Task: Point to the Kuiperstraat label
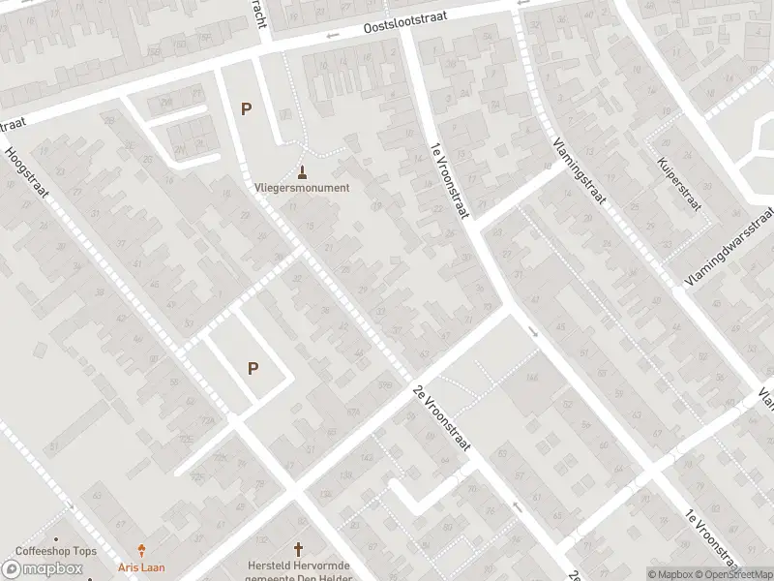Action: click(677, 184)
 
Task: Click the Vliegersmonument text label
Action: click(302, 188)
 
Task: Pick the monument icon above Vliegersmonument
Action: click(303, 172)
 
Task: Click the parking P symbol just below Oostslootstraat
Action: click(246, 109)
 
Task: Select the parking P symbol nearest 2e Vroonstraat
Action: click(253, 368)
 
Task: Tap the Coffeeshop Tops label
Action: click(56, 552)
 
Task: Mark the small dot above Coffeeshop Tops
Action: click(56, 538)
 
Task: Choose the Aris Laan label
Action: click(142, 566)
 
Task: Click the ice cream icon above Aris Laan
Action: click(142, 550)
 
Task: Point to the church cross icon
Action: click(298, 548)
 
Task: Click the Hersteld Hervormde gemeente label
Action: click(298, 570)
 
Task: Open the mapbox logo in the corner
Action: click(43, 568)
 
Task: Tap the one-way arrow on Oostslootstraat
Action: click(333, 36)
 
